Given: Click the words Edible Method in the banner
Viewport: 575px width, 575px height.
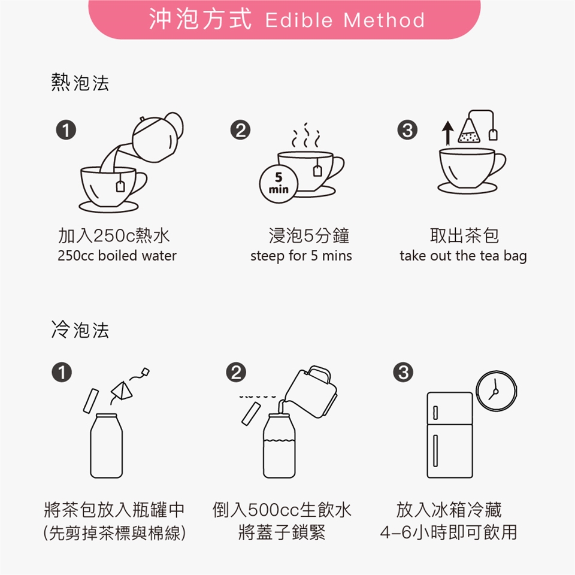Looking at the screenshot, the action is click(x=345, y=20).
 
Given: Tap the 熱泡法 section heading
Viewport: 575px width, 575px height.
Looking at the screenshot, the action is click(x=80, y=83).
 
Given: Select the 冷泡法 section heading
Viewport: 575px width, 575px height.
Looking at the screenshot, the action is click(x=80, y=329).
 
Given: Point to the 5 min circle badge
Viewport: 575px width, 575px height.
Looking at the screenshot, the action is click(x=279, y=183).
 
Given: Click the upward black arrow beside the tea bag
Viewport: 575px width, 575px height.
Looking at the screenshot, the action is click(x=447, y=133).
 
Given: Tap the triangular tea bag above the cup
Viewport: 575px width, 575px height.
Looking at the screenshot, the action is click(x=469, y=131).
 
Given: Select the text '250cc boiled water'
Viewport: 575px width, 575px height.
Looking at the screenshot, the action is click(x=117, y=256).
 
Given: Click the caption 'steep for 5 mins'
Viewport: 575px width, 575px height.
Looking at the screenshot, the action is click(x=301, y=256).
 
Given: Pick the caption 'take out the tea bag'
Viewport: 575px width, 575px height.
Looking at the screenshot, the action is click(x=463, y=256).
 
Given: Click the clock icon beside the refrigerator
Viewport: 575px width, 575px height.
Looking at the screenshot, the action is click(x=496, y=391).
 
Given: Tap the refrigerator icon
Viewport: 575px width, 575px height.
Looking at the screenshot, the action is click(x=450, y=435).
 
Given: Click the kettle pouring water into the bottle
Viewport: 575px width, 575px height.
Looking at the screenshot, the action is click(x=311, y=392).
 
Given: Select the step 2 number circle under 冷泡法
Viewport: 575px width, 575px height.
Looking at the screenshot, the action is click(x=236, y=372).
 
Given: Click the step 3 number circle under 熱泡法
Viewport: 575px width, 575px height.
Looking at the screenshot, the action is click(x=407, y=130).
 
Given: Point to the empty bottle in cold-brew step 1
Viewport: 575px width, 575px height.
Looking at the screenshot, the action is click(x=107, y=446).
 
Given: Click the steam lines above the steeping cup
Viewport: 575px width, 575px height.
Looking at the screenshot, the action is click(x=305, y=136).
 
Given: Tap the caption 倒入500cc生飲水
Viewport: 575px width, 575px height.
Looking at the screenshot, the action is click(x=282, y=510).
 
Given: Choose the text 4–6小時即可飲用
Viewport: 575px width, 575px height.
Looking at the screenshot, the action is click(x=449, y=532).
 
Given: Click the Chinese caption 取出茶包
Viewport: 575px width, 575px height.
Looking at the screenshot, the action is click(x=464, y=235).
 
